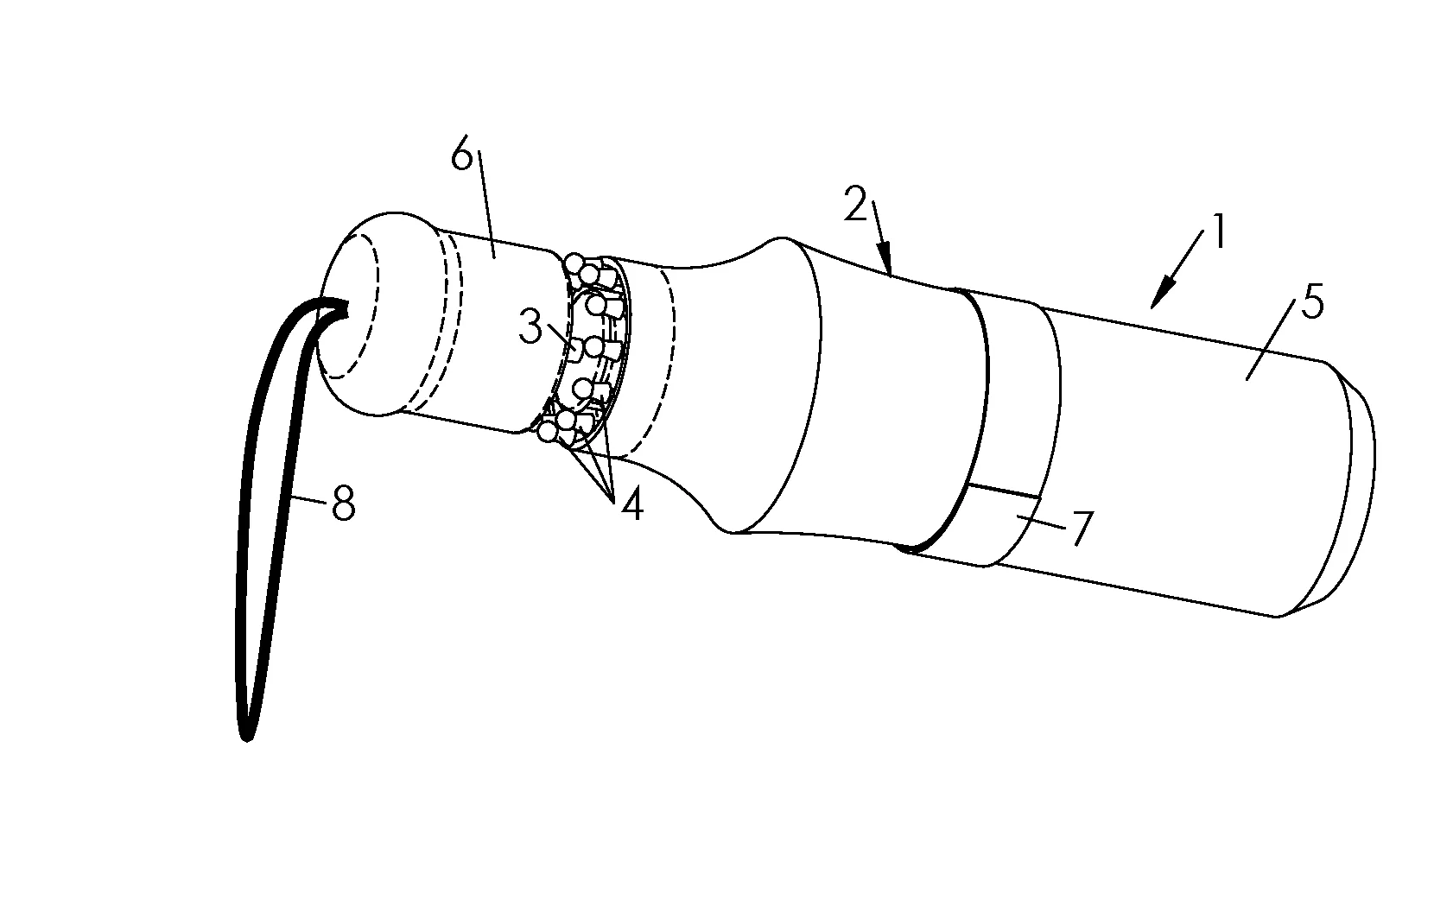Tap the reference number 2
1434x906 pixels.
click(855, 204)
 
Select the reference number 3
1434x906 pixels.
click(530, 327)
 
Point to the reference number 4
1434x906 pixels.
click(631, 506)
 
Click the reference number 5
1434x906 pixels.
click(1312, 302)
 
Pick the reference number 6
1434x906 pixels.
click(461, 155)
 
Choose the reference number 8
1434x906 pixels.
click(343, 503)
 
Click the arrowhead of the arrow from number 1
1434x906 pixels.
click(1158, 300)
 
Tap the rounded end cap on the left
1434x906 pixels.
click(378, 314)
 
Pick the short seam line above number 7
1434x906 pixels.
click(1003, 491)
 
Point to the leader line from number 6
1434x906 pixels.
click(485, 204)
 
